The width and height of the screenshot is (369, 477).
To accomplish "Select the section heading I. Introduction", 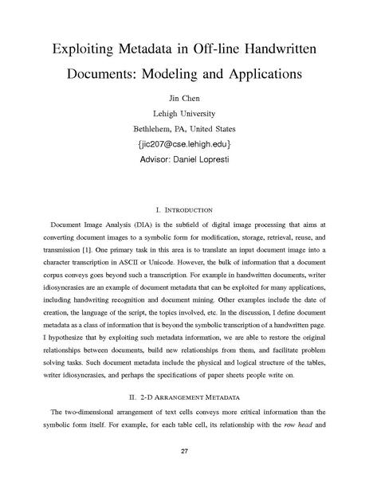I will [x=184, y=210].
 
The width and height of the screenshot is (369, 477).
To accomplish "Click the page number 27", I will [x=184, y=452].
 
